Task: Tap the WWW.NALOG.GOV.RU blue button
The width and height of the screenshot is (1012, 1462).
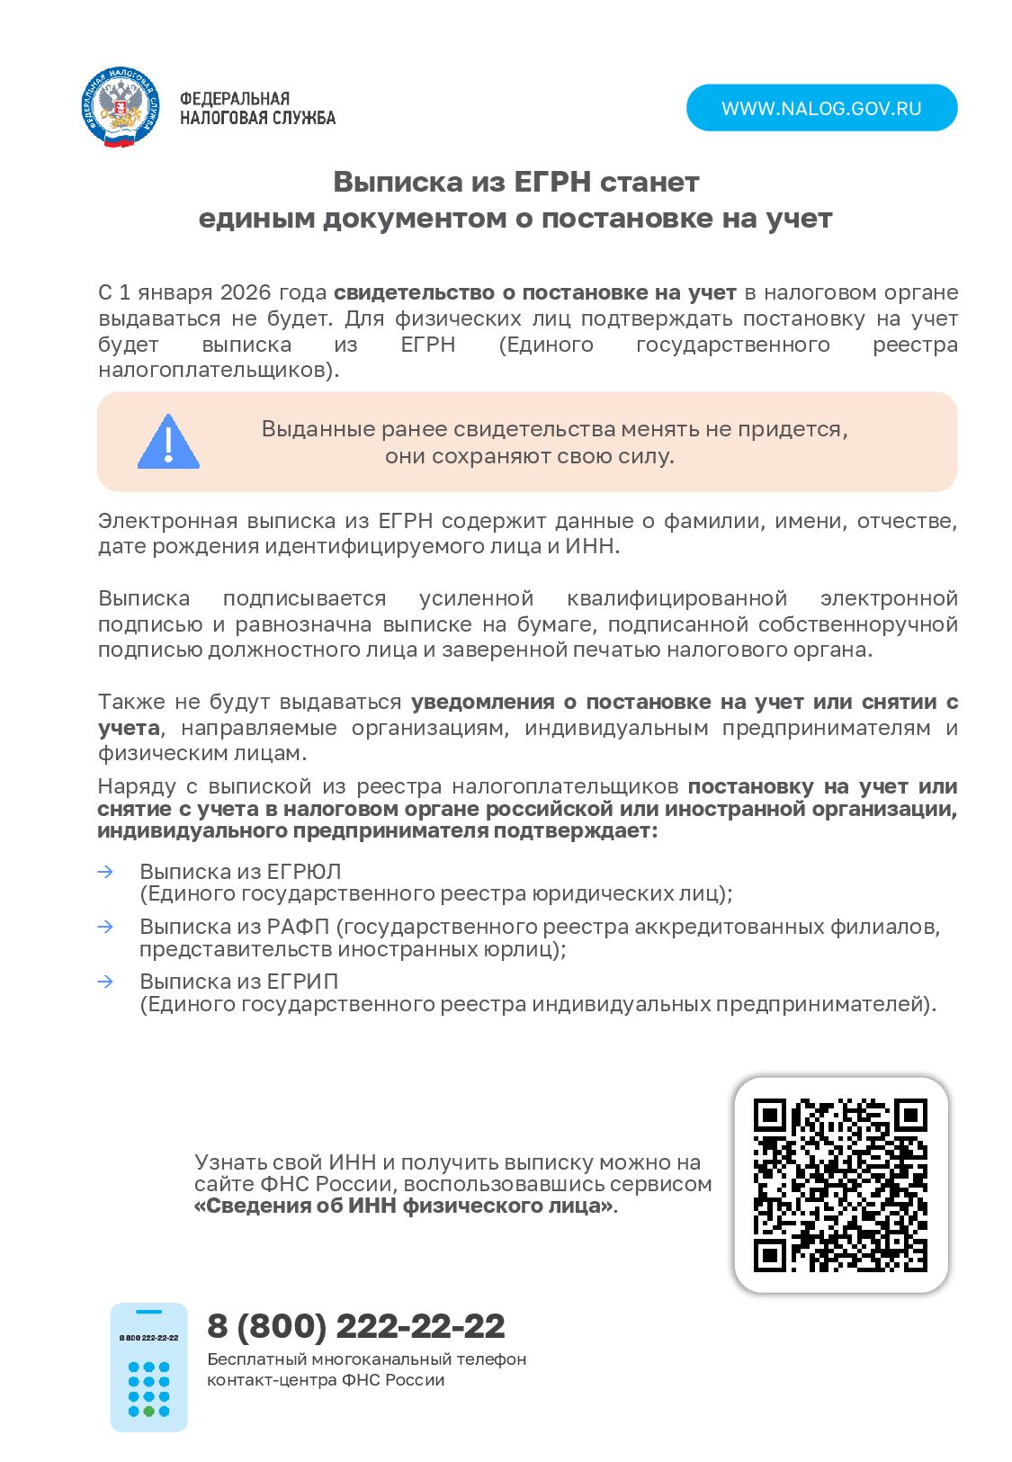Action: [821, 108]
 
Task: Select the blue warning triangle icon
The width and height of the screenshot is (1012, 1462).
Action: [168, 442]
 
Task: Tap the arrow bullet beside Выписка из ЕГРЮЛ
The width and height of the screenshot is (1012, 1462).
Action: [105, 871]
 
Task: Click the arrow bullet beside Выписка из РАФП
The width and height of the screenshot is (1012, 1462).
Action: [105, 926]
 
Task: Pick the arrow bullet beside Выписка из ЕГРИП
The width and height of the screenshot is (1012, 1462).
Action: [105, 981]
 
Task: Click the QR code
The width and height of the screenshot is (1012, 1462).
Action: [840, 1185]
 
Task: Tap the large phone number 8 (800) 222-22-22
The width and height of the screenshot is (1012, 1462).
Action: [356, 1325]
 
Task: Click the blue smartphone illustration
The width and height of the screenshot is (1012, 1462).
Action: [148, 1367]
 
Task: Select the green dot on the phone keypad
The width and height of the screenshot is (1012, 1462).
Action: [149, 1411]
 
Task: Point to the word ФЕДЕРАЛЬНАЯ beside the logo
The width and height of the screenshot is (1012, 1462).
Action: [235, 98]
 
